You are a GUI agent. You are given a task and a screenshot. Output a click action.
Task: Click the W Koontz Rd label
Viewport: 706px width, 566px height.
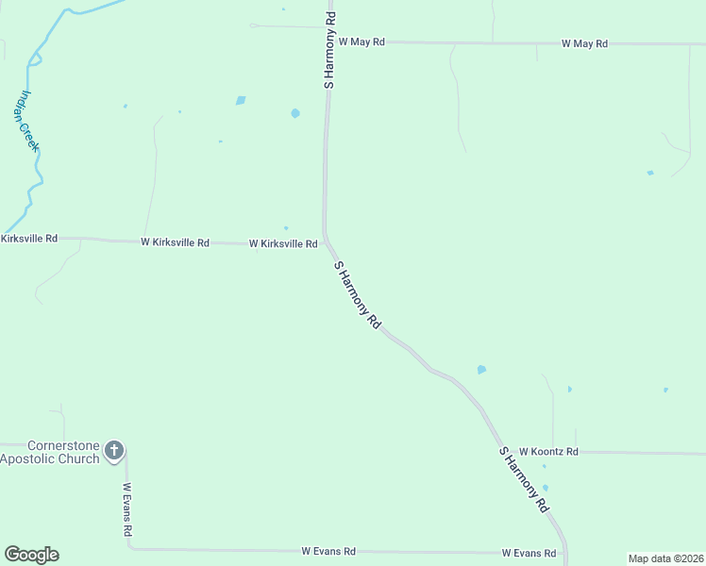[547, 452]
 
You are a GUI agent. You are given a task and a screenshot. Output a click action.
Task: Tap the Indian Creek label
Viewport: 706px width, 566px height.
[30, 121]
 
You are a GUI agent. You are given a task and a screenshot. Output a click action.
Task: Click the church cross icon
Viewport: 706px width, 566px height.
[114, 450]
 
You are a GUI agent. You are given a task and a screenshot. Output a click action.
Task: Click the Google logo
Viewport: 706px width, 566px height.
[31, 555]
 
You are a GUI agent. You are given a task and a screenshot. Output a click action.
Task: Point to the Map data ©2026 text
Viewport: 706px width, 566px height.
[664, 558]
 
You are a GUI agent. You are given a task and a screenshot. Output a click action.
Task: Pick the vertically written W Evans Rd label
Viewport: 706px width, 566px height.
[126, 510]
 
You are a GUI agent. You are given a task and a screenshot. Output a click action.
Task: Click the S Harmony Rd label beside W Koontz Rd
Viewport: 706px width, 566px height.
[524, 479]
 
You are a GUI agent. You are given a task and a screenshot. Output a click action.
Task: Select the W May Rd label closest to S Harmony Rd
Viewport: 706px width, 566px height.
[361, 42]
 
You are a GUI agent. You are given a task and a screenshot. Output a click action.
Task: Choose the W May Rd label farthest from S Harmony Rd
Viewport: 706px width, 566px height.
[584, 43]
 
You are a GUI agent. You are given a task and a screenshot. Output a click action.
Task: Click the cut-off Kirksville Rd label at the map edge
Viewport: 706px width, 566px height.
[29, 239]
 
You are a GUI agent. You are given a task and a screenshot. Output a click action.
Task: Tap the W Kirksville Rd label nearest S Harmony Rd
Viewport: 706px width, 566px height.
[283, 243]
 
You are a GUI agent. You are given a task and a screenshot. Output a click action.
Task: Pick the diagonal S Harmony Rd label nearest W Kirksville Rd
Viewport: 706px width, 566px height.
[358, 294]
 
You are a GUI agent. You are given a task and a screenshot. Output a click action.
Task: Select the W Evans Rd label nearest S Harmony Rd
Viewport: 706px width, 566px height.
[528, 552]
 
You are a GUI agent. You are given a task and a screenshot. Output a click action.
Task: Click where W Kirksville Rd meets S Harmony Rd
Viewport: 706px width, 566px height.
[326, 243]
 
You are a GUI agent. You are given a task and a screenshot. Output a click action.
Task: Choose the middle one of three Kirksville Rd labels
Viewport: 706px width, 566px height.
[175, 241]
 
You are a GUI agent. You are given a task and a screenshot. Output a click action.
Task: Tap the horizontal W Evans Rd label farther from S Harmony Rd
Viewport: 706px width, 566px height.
[328, 550]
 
